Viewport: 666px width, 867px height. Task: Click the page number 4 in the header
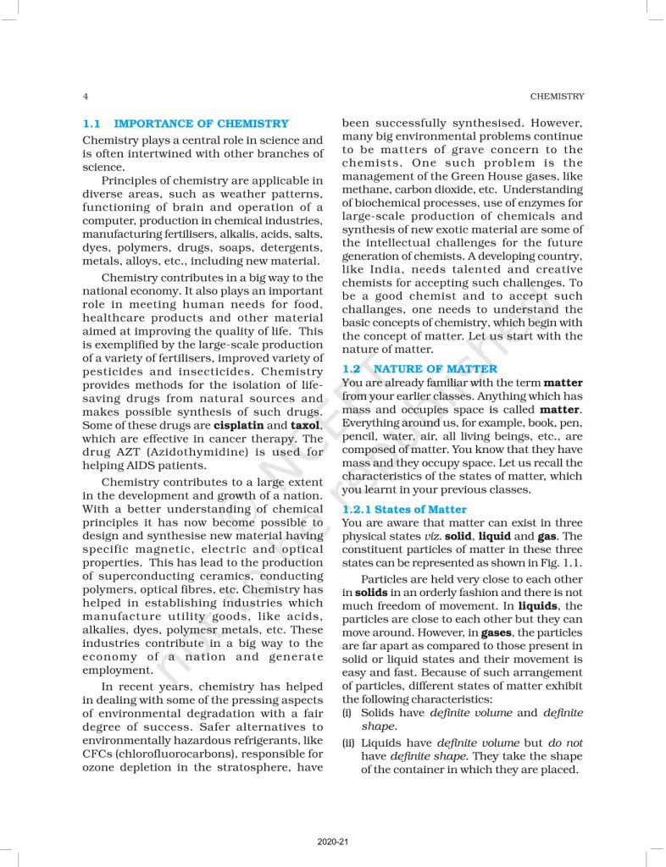[85, 97]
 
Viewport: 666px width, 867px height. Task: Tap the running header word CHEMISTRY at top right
[557, 97]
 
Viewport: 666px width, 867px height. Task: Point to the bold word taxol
[306, 425]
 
